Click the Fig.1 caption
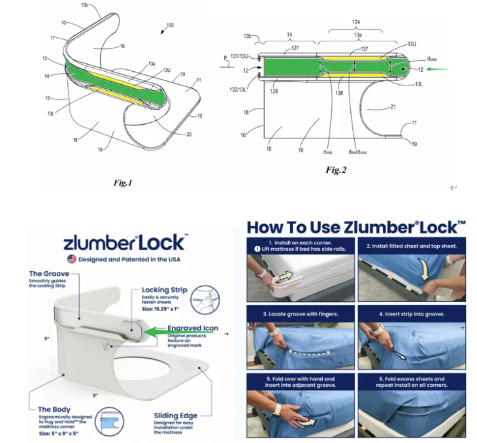point(123,183)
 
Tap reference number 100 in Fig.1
point(170,25)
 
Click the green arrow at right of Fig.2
point(439,68)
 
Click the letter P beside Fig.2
point(224,58)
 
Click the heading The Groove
point(48,274)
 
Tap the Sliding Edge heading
point(176,415)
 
